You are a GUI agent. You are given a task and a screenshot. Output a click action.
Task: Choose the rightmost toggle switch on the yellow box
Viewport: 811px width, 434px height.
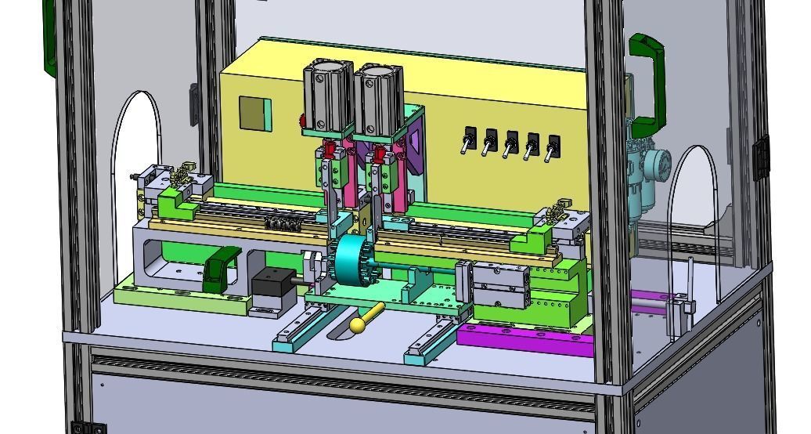click(553, 147)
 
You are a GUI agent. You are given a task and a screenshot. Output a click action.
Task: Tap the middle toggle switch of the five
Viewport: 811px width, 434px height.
click(511, 144)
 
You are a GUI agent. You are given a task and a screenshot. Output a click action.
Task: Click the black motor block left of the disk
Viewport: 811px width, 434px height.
click(271, 285)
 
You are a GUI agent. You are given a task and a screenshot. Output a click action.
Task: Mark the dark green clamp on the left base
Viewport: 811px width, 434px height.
click(221, 268)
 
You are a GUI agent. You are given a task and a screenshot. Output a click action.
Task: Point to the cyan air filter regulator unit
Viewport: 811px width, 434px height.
click(647, 176)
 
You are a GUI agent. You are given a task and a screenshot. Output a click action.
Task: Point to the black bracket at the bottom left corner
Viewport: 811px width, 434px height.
click(88, 427)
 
